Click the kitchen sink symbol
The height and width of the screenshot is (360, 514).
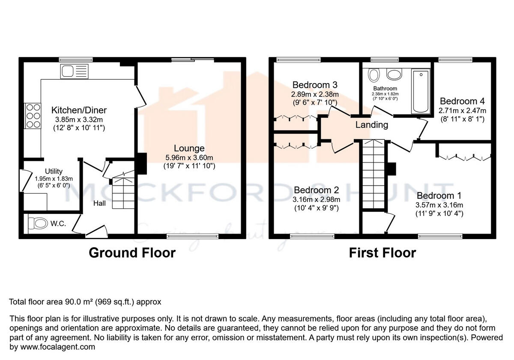pos(74,71)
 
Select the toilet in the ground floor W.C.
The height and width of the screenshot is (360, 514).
pos(38,223)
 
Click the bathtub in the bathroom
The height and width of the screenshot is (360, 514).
pos(420,92)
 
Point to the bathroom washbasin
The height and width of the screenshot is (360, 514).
pos(394,75)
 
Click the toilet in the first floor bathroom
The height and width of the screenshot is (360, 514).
pos(374,75)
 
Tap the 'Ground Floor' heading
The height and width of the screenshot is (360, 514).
pos(132,253)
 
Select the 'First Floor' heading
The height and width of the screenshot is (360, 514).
pos(382,253)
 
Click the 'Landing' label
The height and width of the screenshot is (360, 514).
pos(371,125)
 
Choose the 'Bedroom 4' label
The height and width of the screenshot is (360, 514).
pos(462,102)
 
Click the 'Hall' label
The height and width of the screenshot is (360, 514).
pos(99,203)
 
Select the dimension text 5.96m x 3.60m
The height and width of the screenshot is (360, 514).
pos(189,157)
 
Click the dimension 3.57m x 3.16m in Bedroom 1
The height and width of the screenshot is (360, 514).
pos(439,205)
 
